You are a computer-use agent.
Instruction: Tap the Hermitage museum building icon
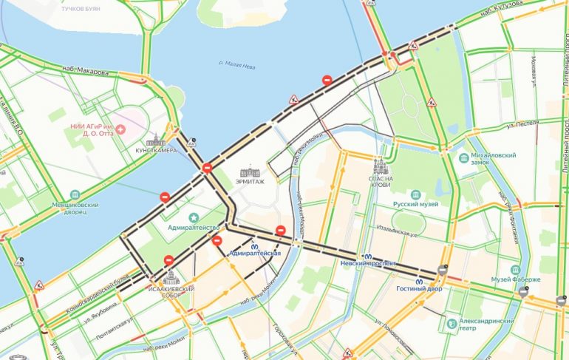click(x=246, y=171)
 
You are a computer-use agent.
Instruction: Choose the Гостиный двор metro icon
click(x=421, y=280)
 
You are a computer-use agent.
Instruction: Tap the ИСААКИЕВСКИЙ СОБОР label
click(x=170, y=292)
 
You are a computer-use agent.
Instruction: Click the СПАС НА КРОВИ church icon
click(x=381, y=167)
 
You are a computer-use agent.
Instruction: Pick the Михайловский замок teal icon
click(x=463, y=157)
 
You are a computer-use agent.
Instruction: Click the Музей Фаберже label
click(x=516, y=279)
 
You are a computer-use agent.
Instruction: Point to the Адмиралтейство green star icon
click(x=194, y=217)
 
